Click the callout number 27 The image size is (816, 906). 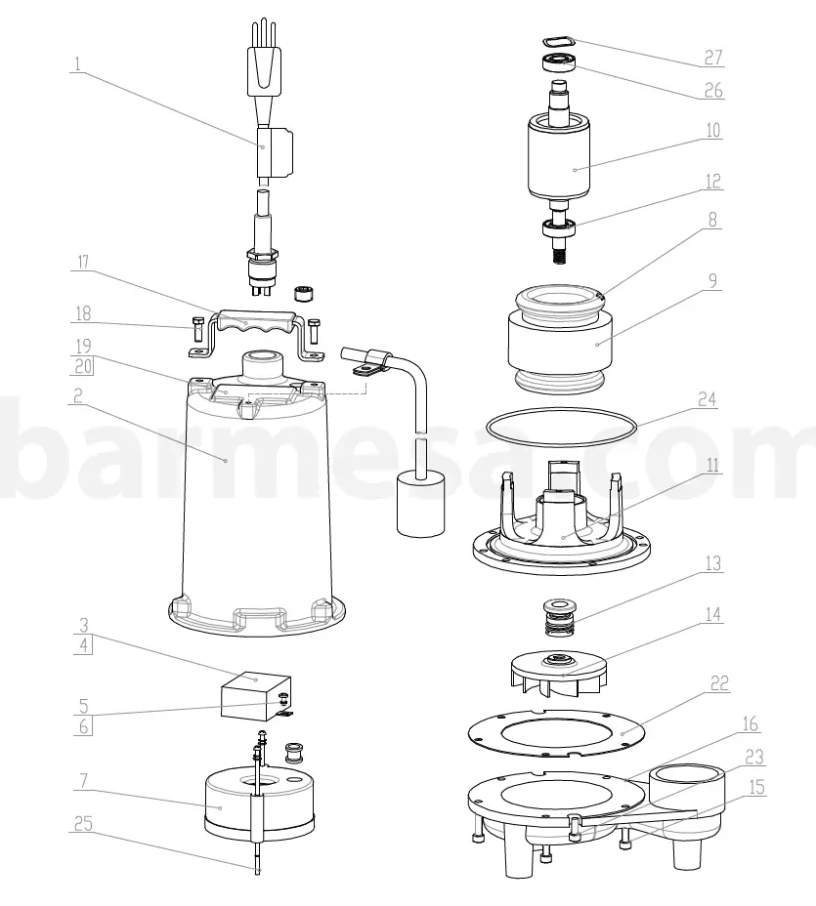[713, 58]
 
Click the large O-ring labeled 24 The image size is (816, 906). [562, 427]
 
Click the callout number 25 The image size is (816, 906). [82, 823]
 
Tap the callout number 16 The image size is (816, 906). [750, 724]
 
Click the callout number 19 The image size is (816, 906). [82, 345]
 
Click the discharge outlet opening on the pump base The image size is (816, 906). [691, 781]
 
